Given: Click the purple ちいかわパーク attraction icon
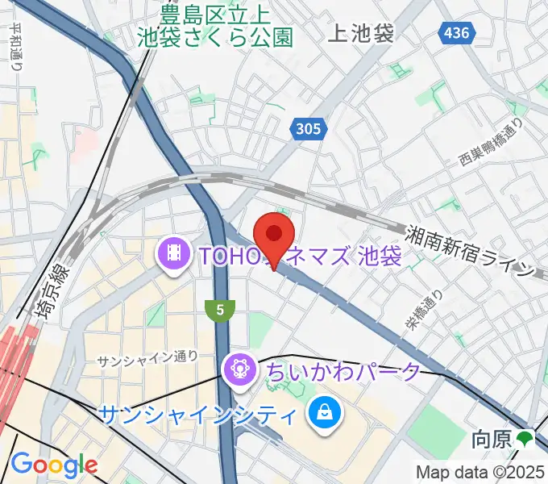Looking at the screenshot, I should click(x=239, y=370).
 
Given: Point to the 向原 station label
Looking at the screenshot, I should click(x=492, y=440).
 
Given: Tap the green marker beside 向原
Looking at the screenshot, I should click(x=525, y=440).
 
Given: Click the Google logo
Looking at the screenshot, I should click(x=54, y=464).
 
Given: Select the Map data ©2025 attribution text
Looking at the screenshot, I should click(x=481, y=472).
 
